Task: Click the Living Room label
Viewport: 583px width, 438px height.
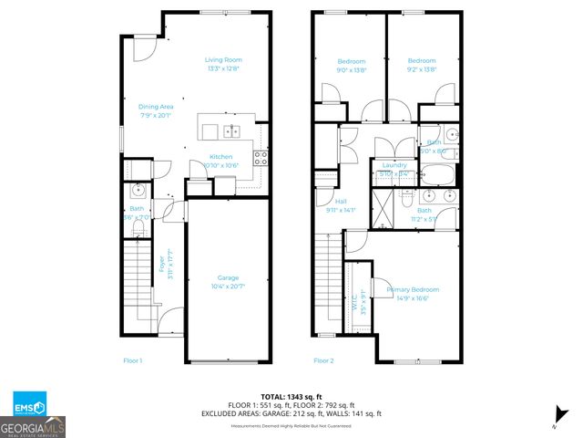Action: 225,64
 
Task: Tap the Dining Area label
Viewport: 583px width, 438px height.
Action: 156,110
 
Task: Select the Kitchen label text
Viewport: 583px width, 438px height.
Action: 221,161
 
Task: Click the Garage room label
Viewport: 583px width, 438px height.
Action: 228,281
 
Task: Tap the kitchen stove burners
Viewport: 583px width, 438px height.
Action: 261,155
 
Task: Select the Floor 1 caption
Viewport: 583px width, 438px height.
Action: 133,360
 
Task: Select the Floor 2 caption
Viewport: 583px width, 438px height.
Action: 323,360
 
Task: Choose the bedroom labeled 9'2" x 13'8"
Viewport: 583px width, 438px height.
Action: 422,65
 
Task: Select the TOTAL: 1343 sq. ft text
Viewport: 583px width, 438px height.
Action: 291,396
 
